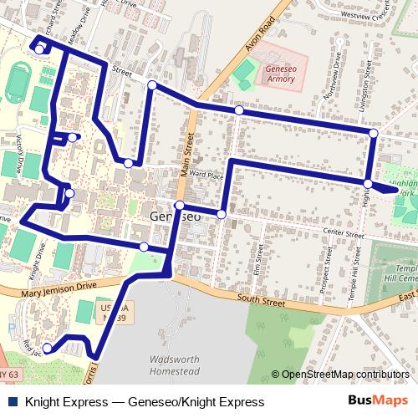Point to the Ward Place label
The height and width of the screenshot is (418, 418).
pos(206,176)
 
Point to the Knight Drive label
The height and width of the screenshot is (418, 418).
pos(33,266)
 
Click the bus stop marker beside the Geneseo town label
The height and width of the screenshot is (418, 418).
pos(179,205)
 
